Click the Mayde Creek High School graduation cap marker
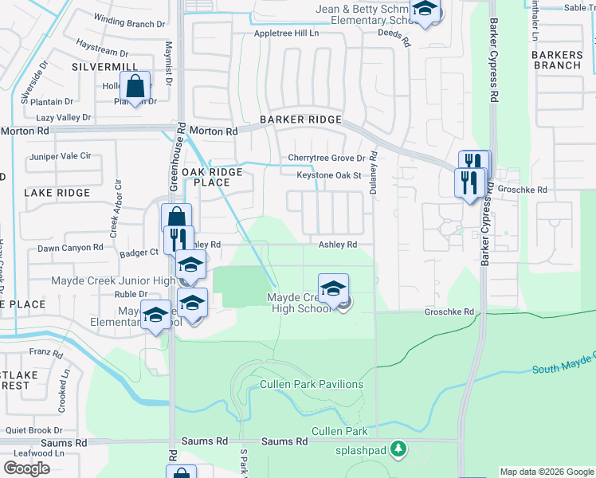coord(334,288)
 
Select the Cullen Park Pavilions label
coord(312,384)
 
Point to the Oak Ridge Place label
coord(212,177)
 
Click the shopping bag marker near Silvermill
coord(135,88)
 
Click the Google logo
coord(26,468)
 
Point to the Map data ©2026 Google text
coord(547,472)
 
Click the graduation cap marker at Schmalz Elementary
coord(425,10)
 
